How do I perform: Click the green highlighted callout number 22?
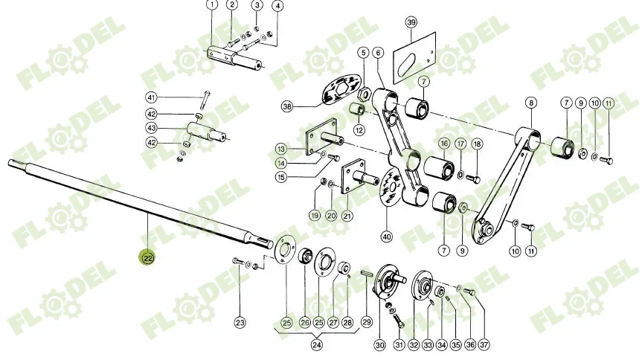click(x=148, y=257)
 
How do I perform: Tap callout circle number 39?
click(x=411, y=22)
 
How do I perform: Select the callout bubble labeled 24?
click(x=316, y=345)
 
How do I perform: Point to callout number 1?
click(x=212, y=5)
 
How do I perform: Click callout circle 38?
click(x=287, y=107)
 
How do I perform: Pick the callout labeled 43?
click(x=152, y=128)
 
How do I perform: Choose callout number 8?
click(x=531, y=103)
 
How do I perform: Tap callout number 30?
click(x=380, y=345)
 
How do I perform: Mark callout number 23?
click(x=240, y=322)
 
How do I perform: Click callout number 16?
click(x=444, y=144)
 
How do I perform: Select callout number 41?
click(x=152, y=97)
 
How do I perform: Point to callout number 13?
click(x=281, y=149)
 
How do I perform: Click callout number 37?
click(x=484, y=345)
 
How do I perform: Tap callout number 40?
click(x=387, y=237)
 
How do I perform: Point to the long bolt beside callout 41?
click(x=206, y=100)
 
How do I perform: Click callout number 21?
click(x=347, y=216)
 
